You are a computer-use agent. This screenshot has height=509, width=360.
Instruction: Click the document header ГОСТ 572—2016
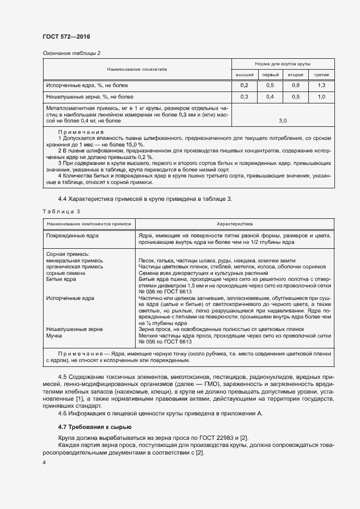66,36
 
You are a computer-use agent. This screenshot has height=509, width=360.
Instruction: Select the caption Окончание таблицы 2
71,53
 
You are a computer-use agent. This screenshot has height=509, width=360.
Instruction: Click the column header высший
244,75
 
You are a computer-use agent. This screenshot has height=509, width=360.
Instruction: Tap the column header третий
321,75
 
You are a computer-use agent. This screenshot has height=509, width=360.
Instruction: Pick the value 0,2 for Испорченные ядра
244,86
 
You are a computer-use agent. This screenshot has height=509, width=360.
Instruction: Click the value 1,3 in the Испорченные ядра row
321,86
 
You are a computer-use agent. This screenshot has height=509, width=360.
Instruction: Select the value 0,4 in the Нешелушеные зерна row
270,97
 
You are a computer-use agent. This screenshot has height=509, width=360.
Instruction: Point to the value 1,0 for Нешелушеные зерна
321,97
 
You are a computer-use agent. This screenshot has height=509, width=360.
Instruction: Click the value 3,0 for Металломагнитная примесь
283,120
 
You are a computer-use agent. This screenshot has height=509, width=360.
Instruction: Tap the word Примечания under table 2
81,132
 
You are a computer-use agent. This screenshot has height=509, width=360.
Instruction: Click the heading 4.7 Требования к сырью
94,426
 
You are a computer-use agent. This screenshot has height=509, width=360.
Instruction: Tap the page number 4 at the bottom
44,462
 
